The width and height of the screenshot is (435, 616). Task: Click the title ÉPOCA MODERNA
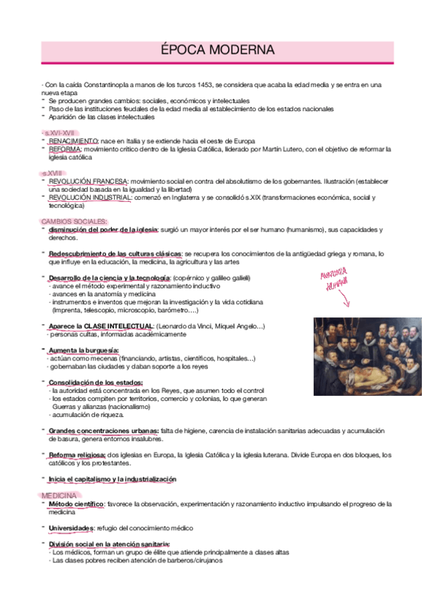[217, 50]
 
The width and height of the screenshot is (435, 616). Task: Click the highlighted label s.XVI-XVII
[60, 132]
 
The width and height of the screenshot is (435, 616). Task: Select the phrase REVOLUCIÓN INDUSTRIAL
[90, 197]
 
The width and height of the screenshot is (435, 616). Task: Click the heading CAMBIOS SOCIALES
[74, 221]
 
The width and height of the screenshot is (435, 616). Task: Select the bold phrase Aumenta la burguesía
[84, 350]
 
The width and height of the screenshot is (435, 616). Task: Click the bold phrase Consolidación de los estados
[95, 382]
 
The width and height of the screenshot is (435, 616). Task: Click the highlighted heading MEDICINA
[60, 495]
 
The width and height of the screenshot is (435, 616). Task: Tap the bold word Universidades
[71, 527]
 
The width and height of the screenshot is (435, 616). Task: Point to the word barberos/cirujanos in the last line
[190, 560]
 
